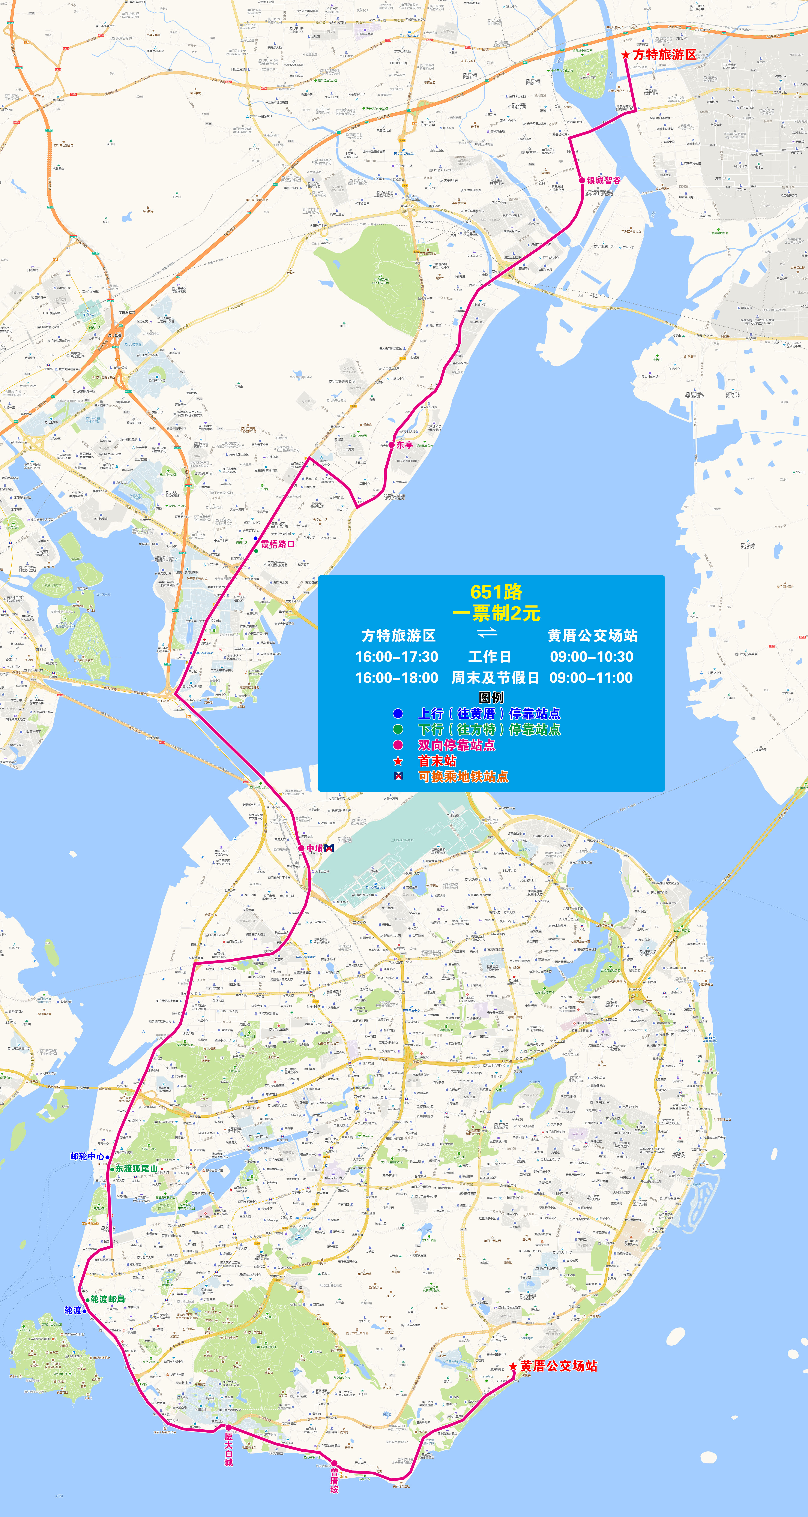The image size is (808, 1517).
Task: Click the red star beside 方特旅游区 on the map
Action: pos(625,55)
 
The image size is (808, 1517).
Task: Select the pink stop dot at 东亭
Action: pos(392,445)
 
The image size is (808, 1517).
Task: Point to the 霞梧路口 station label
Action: pos(277,544)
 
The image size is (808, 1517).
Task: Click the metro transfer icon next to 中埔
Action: pos(329,848)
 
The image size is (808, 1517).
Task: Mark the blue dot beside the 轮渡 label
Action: pos(84,1311)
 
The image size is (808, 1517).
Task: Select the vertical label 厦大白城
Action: pos(228,1449)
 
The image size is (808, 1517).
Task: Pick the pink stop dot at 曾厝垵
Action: pos(334,1463)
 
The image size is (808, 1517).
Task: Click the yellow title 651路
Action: pos(496,592)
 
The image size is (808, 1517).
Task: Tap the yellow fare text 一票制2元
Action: pos(496,613)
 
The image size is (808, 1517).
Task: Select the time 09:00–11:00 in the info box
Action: pos(591,678)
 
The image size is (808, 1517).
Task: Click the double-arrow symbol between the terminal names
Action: pos(487,633)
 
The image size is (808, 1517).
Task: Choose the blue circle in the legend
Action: pos(398,713)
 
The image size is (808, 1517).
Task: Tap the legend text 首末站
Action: pos(437,761)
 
